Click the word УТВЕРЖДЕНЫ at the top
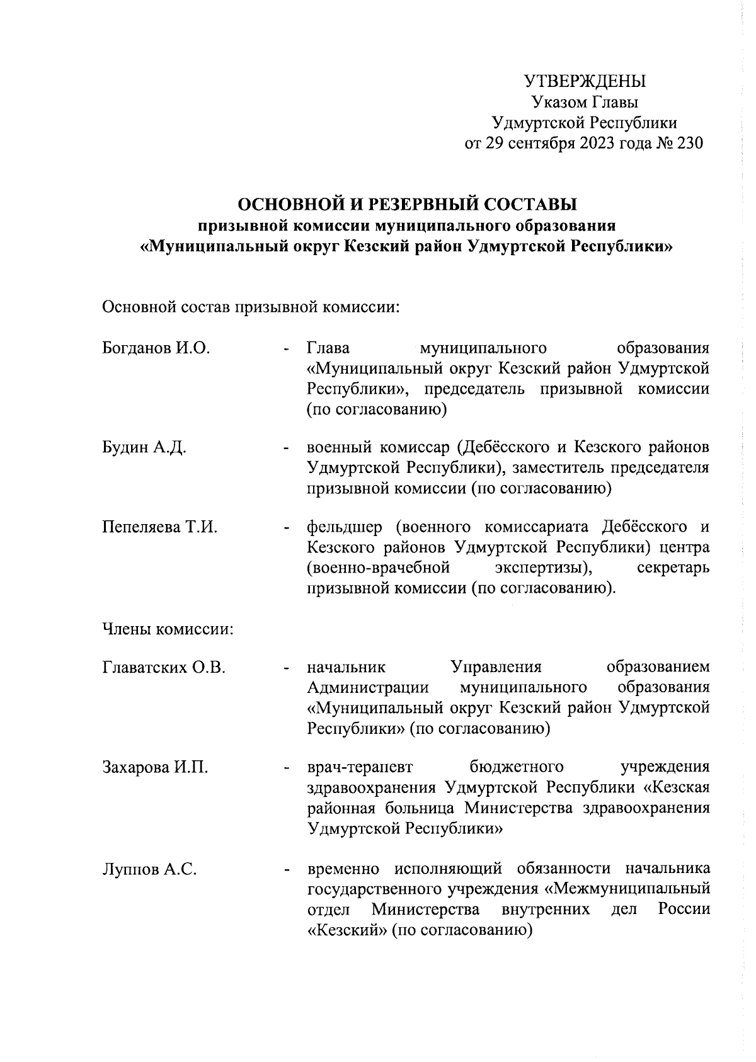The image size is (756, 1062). tap(585, 82)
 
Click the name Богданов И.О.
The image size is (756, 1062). tap(156, 348)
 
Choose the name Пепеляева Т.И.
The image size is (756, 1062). tap(159, 527)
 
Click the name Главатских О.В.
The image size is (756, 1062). tap(164, 667)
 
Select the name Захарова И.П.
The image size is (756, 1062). tap(155, 767)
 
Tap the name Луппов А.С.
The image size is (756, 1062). tap(149, 870)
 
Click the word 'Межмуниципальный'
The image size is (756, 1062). tap(632, 890)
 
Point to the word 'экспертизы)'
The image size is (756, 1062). tap(544, 568)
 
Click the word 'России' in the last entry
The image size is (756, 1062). tap(684, 910)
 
